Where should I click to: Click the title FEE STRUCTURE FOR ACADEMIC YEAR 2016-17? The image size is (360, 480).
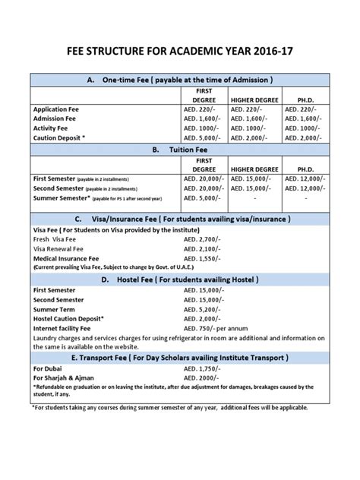tap(180, 55)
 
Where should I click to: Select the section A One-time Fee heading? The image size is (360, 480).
tap(180, 80)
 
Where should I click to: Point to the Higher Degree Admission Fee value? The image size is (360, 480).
tap(252, 119)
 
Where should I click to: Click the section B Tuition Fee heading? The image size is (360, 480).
tap(180, 150)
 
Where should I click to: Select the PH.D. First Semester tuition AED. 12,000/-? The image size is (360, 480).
tap(305, 178)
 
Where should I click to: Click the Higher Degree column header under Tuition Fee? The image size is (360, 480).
tap(252, 169)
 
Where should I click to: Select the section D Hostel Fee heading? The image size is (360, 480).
tap(180, 279)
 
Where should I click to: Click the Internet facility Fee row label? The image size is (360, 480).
tap(68, 329)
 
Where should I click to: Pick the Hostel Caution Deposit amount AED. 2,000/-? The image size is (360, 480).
tap(205, 320)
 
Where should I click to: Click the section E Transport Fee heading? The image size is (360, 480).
tap(180, 357)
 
